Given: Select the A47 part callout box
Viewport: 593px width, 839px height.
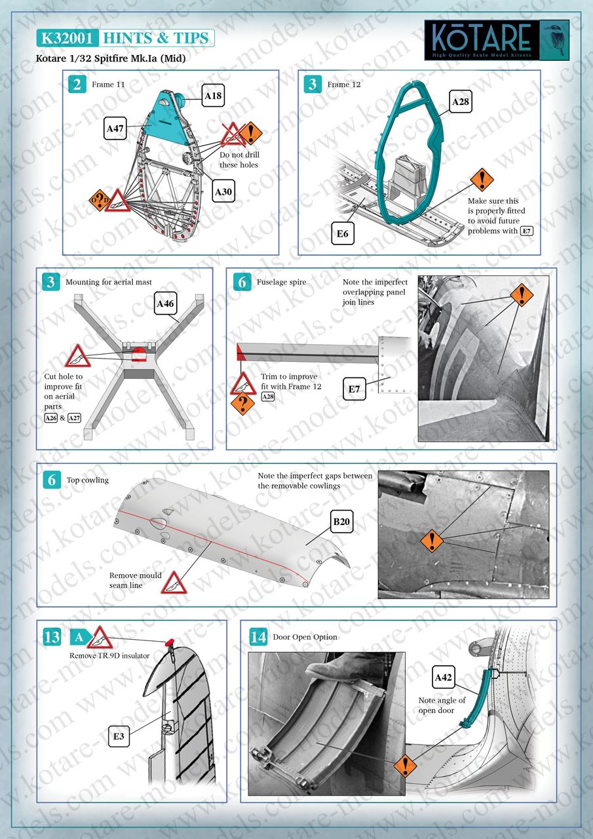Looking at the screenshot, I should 116,129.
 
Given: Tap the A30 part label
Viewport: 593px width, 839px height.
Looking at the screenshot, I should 224,191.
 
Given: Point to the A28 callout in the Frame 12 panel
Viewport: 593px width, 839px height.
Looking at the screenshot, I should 461,102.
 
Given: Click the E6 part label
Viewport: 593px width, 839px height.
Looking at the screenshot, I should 343,233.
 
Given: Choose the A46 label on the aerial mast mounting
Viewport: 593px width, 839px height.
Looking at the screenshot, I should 166,304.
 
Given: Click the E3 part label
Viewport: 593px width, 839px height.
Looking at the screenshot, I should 119,737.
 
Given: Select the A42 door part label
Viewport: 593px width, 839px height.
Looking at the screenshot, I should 444,677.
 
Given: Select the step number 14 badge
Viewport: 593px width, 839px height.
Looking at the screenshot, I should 258,637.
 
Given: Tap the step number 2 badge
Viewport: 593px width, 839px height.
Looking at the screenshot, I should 77,85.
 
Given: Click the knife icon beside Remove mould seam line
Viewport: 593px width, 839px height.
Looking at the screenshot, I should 173,582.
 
